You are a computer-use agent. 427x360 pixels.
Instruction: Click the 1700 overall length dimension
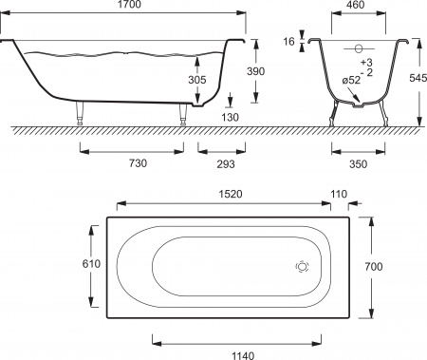pyautogui.click(x=129, y=5)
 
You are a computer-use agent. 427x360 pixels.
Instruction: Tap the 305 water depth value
pyautogui.click(x=197, y=80)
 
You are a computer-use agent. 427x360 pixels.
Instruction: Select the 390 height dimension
pyautogui.click(x=255, y=71)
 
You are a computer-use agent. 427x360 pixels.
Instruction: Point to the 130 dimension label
pyautogui.click(x=230, y=117)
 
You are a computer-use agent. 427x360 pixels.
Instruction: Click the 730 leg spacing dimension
pyautogui.click(x=139, y=163)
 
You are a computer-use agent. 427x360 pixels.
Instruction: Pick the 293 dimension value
pyautogui.click(x=226, y=163)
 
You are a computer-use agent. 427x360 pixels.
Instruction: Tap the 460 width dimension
pyautogui.click(x=356, y=5)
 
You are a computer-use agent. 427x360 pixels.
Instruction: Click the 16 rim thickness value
pyautogui.click(x=288, y=42)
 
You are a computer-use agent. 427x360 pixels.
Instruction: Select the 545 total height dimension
pyautogui.click(x=418, y=78)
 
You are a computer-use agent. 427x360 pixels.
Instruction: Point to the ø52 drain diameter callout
pyautogui.click(x=351, y=81)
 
